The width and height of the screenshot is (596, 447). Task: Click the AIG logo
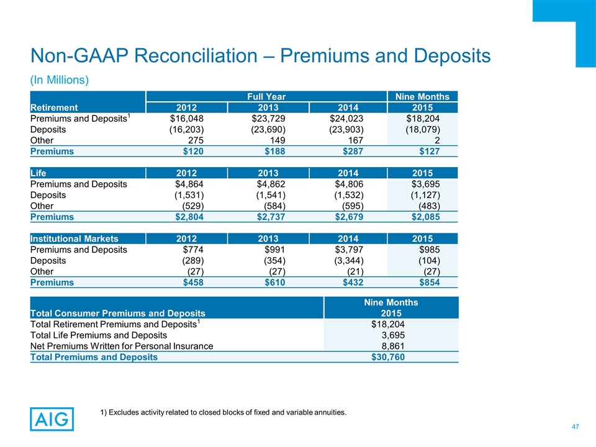click(52, 418)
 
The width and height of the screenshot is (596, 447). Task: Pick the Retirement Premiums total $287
click(346, 151)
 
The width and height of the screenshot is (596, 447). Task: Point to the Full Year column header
click(266, 96)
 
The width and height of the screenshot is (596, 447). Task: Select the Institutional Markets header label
click(74, 238)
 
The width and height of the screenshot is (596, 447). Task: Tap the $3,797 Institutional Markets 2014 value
click(346, 250)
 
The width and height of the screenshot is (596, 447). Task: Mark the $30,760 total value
click(391, 357)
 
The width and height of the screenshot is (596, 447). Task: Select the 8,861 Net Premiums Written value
click(394, 346)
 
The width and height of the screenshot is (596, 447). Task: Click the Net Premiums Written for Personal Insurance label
click(122, 346)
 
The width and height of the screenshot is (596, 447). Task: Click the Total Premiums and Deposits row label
click(94, 357)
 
